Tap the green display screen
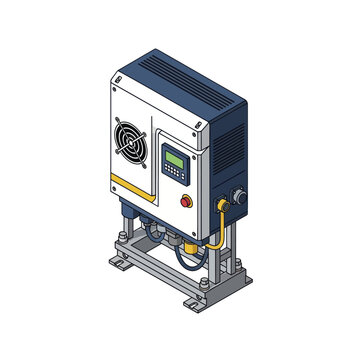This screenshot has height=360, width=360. (173, 159)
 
